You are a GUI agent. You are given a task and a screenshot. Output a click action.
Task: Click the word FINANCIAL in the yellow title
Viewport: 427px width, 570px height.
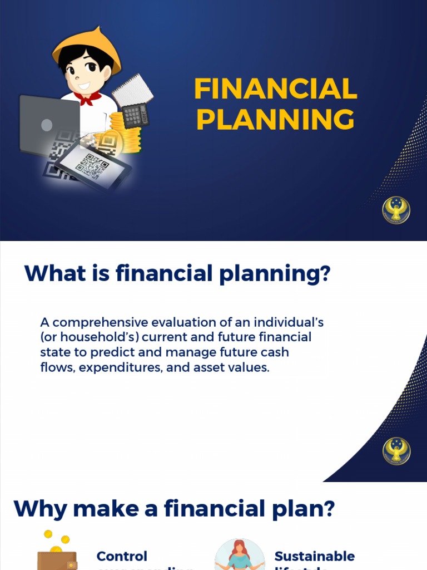tap(275, 89)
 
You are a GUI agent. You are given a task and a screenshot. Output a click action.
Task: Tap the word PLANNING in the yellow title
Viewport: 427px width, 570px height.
tap(275, 119)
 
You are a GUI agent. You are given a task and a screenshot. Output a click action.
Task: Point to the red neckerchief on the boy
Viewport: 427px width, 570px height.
tap(87, 98)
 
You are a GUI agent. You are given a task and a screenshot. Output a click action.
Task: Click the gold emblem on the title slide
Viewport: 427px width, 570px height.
tap(396, 210)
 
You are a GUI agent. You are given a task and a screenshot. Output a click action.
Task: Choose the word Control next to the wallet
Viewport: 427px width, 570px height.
tap(122, 556)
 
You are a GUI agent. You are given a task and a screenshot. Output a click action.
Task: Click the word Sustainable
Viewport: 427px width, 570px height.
tap(314, 556)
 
